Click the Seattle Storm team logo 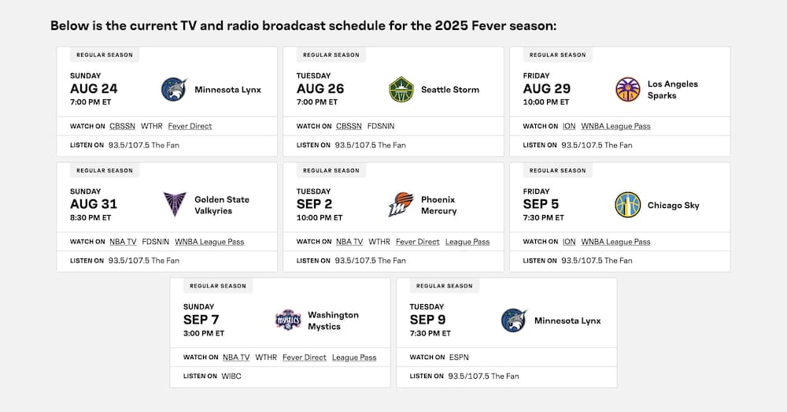(x=401, y=90)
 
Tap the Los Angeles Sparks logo (x=627, y=90)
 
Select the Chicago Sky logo (x=627, y=205)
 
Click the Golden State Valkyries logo (x=175, y=205)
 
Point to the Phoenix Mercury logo (x=401, y=205)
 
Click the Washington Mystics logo (x=288, y=320)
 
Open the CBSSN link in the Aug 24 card (x=122, y=126)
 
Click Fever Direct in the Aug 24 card (x=190, y=126)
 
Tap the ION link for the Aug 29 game (x=569, y=126)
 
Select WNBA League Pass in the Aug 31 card (x=209, y=242)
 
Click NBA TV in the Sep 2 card (x=349, y=242)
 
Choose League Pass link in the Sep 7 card (x=354, y=358)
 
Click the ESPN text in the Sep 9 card (x=459, y=358)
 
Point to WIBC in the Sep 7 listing (x=231, y=377)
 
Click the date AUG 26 (x=320, y=89)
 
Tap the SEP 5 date (x=541, y=204)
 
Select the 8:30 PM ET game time (x=91, y=217)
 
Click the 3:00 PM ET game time (x=204, y=333)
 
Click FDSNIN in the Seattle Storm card (x=382, y=126)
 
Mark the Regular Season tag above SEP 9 (x=445, y=286)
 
